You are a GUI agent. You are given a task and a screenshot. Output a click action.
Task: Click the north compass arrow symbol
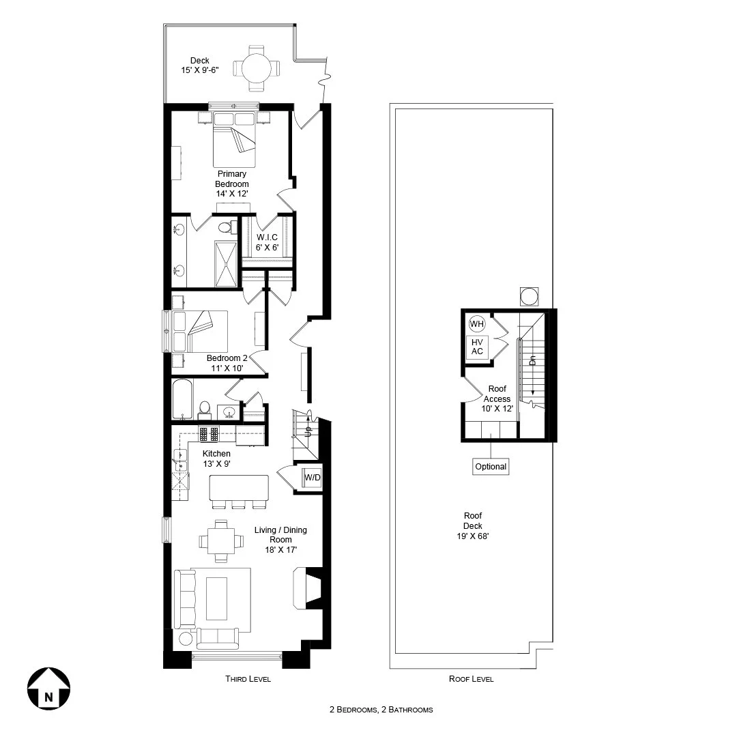click(x=48, y=690)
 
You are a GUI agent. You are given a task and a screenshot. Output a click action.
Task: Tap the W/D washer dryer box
click(x=312, y=478)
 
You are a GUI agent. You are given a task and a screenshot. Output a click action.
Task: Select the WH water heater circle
click(x=476, y=323)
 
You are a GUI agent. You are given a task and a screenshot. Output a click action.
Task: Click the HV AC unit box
click(x=477, y=347)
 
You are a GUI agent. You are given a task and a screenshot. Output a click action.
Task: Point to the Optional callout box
click(x=491, y=467)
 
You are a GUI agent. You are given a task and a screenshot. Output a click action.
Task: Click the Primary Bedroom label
click(x=232, y=184)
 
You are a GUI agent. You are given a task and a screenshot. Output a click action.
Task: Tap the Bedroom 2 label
click(x=227, y=363)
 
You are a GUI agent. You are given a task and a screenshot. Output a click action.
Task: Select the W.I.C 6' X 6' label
click(x=268, y=243)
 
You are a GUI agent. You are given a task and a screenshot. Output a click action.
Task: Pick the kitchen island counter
click(x=239, y=487)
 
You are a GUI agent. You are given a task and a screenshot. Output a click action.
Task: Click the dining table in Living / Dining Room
click(x=220, y=540)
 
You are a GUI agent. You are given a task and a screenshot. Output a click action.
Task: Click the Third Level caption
click(x=248, y=679)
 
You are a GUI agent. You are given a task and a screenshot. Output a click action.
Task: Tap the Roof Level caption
click(x=471, y=679)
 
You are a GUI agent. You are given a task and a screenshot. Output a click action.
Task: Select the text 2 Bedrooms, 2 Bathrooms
click(x=381, y=710)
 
